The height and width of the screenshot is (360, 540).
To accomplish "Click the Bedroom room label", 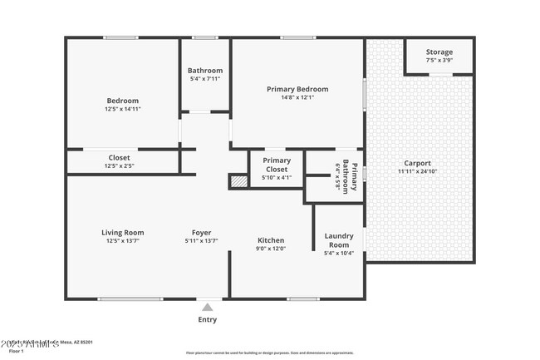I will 122,99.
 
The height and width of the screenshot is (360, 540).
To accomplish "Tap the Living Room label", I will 122,232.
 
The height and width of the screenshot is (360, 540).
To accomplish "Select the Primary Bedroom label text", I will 297,89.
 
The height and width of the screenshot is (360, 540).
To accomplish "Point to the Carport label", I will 417,163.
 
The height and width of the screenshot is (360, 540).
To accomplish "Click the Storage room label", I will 439,52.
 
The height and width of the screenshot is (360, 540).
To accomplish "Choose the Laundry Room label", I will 338,240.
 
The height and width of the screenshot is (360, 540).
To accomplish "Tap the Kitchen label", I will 270,239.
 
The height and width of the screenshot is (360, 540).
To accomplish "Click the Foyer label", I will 201,232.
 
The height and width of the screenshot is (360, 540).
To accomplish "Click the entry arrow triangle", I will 207,306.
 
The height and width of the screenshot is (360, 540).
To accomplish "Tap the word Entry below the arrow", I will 207,319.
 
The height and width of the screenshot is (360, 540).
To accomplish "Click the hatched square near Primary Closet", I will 238,180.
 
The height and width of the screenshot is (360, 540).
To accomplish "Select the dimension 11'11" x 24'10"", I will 417,172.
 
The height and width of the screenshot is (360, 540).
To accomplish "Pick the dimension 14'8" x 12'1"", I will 297,97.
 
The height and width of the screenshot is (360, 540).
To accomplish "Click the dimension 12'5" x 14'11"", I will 122,108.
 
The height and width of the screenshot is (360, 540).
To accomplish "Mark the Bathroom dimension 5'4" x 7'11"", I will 205,80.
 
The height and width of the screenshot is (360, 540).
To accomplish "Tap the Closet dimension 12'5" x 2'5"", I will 119,166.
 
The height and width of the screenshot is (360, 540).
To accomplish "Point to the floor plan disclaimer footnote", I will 269,353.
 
